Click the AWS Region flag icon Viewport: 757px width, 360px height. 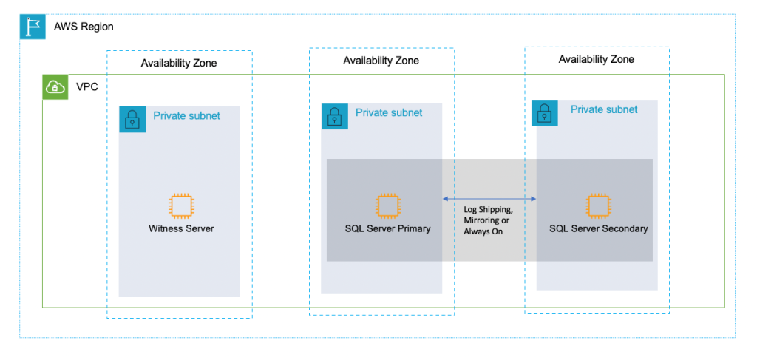33,27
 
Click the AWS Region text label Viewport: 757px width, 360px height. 84,27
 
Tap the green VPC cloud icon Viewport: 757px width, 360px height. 55,87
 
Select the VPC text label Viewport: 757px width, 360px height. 87,87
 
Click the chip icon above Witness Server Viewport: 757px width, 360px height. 181,206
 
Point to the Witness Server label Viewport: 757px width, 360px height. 181,228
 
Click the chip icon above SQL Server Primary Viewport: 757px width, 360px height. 387,206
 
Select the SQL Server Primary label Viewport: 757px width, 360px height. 387,228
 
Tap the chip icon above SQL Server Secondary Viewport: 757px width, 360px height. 597,206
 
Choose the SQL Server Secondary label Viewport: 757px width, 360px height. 598,228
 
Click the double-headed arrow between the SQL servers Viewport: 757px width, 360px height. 489,200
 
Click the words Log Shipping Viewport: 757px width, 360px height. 489,210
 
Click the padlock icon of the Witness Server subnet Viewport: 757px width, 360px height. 132,119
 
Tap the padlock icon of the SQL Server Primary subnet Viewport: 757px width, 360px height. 334,116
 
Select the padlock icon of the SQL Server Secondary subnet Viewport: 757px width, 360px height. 545,112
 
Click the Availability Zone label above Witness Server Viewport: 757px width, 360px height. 179,64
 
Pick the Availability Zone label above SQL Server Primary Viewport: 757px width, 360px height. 381,61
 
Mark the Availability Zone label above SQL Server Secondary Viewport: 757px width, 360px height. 596,59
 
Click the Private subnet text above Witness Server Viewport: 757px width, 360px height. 186,115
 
